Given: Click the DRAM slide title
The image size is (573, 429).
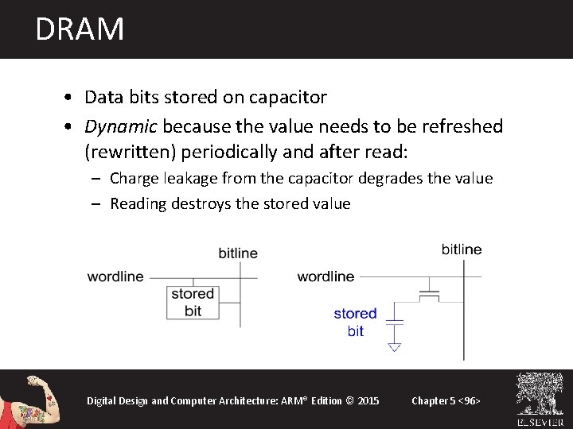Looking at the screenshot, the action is coord(80,29).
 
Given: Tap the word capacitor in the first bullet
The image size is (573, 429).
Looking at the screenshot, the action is coord(288,98).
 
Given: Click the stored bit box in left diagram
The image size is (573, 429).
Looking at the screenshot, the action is coord(193,303).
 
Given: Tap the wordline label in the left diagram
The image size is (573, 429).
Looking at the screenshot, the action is coord(115,276).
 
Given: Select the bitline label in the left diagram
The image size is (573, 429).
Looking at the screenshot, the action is coord(238,253).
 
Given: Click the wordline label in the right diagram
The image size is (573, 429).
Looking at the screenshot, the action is coord(325,276).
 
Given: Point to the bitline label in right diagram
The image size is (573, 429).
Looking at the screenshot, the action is coord(462,249).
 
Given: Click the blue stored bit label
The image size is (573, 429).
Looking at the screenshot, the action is coord(355,322).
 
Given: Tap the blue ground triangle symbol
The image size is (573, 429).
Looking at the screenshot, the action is coord(394,346).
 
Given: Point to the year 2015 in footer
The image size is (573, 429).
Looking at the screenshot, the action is coord(369,400).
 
